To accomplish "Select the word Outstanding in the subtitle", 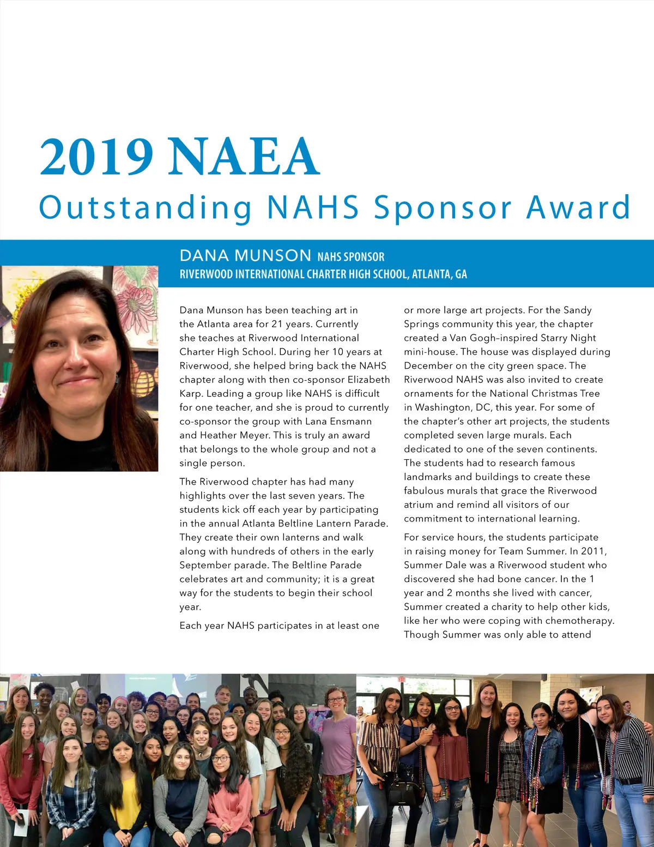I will click(x=145, y=208).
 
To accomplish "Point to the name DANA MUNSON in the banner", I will click(x=245, y=255).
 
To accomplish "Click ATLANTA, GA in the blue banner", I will click(x=439, y=274).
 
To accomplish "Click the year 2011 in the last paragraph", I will click(x=592, y=551).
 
